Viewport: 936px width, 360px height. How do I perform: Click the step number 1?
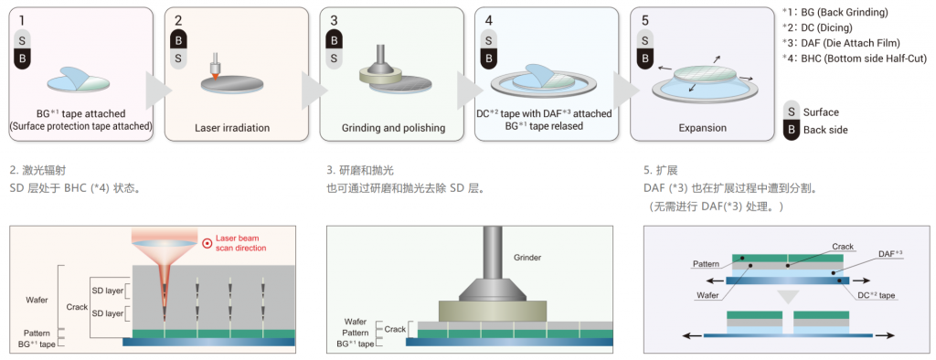tap(22, 20)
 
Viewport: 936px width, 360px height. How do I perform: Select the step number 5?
tap(644, 20)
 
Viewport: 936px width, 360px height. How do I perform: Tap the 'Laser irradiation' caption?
tap(232, 128)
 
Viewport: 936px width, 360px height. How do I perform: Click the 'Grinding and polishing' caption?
tap(393, 128)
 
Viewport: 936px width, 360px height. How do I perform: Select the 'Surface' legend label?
tap(821, 112)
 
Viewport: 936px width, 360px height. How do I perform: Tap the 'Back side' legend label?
tap(825, 130)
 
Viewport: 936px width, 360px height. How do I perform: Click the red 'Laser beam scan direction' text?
tap(240, 243)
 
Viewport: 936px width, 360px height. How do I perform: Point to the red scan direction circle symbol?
tap(207, 243)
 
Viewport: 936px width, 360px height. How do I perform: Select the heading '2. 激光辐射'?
tap(34, 171)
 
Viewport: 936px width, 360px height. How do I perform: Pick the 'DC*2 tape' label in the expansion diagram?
tap(875, 294)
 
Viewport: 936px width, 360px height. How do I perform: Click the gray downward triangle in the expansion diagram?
tap(788, 297)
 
